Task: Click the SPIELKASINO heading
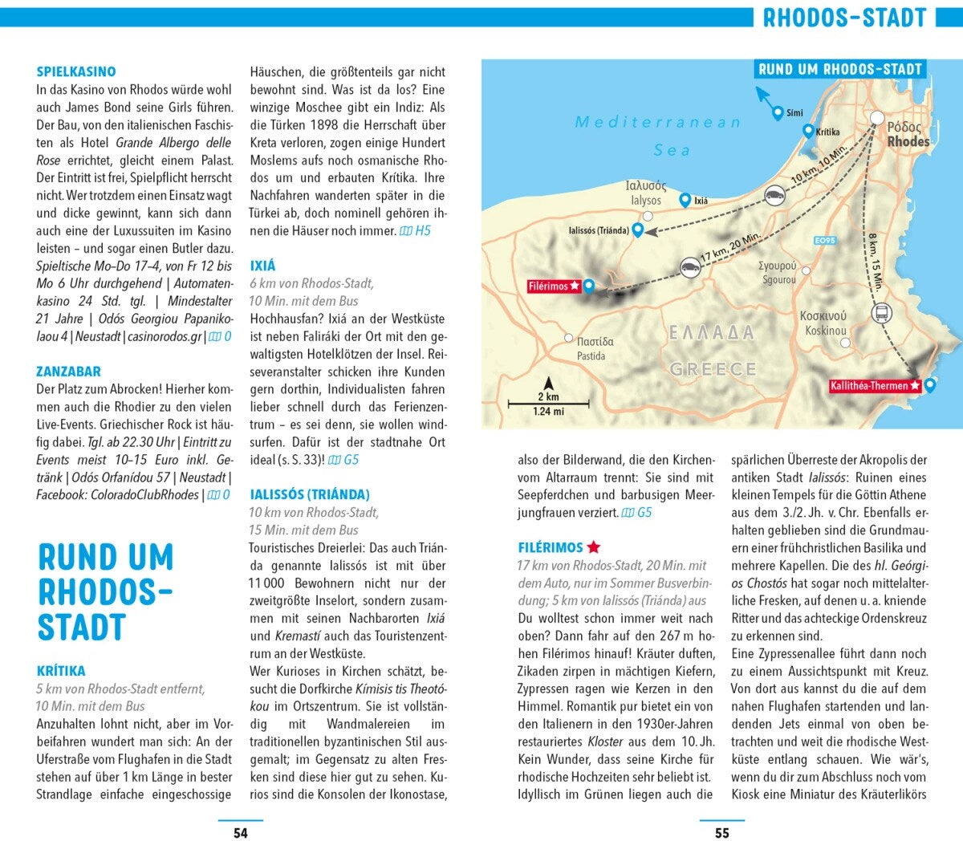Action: tap(76, 72)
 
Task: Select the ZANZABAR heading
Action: tap(68, 372)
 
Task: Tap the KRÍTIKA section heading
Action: tap(61, 671)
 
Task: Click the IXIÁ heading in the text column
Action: tap(262, 266)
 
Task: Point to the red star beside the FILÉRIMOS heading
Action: tap(594, 547)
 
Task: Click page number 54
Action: tap(240, 833)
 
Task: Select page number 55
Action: tap(721, 833)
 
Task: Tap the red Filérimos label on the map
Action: tap(554, 286)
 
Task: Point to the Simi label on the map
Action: tap(794, 113)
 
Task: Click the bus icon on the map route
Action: tap(880, 312)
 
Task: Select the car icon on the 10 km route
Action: tap(774, 195)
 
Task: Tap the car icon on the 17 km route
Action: tap(688, 267)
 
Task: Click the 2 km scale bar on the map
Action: tap(548, 403)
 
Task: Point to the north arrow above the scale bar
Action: tap(548, 384)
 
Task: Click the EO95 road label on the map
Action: tap(824, 241)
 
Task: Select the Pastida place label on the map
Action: tap(591, 355)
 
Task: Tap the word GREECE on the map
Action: tap(713, 369)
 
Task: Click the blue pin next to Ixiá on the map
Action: tap(685, 199)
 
